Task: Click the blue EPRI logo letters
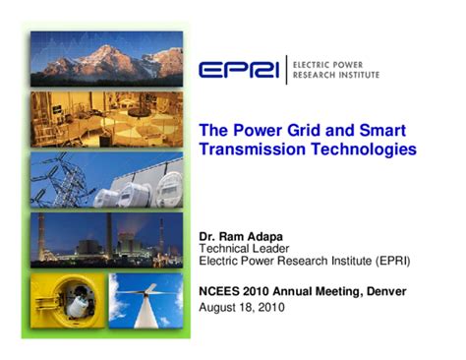pos(239,70)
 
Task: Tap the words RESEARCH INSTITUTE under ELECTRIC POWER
pos(333,75)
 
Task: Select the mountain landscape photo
pos(105,57)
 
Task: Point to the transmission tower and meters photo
pos(105,180)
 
